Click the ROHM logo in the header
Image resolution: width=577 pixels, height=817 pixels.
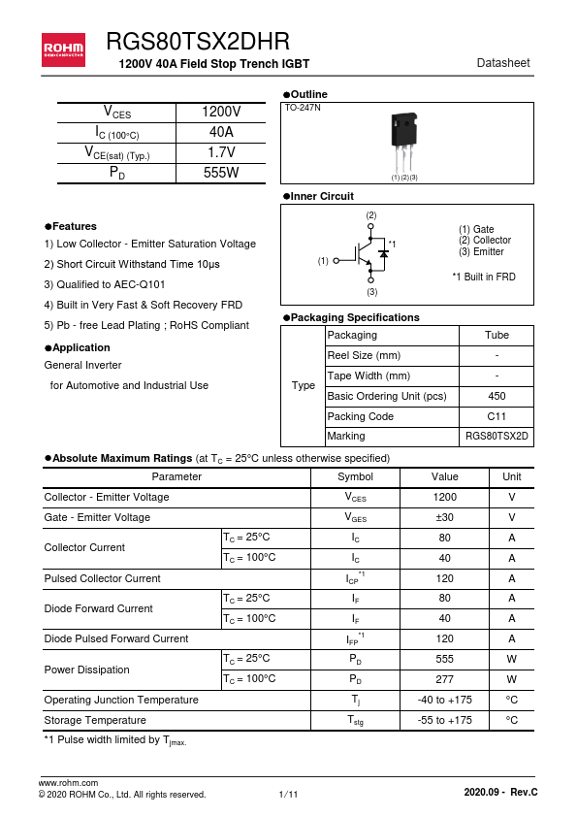pyautogui.click(x=63, y=47)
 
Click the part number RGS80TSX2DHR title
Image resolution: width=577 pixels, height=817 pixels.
pyautogui.click(x=197, y=42)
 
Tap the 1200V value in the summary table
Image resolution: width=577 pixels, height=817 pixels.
pyautogui.click(x=221, y=113)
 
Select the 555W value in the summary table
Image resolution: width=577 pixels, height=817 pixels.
pyautogui.click(x=221, y=173)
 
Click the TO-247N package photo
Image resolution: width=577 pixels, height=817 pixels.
pyautogui.click(x=404, y=141)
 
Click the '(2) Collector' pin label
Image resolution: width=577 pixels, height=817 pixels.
pyautogui.click(x=484, y=241)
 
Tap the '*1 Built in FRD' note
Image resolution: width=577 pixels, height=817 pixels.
pyautogui.click(x=484, y=277)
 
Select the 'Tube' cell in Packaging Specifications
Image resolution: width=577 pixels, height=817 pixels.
pyautogui.click(x=497, y=335)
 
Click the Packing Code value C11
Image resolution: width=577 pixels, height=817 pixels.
pyautogui.click(x=497, y=416)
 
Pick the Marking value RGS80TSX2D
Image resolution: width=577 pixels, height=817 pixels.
pyautogui.click(x=497, y=437)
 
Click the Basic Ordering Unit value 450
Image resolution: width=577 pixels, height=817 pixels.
pyautogui.click(x=497, y=396)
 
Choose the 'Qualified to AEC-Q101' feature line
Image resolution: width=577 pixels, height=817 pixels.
pyautogui.click(x=105, y=284)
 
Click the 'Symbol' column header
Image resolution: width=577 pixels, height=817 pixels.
pyautogui.click(x=355, y=476)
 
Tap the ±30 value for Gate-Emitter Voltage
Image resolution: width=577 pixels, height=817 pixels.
pyautogui.click(x=444, y=517)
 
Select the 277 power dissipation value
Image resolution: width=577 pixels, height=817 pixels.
pyautogui.click(x=444, y=679)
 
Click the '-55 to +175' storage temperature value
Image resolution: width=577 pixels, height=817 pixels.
pyautogui.click(x=444, y=720)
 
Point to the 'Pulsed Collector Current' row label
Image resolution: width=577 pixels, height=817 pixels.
pyautogui.click(x=103, y=578)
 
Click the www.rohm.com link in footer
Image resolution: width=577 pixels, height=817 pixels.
pyautogui.click(x=68, y=782)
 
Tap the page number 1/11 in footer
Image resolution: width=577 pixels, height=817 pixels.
pyautogui.click(x=288, y=795)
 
